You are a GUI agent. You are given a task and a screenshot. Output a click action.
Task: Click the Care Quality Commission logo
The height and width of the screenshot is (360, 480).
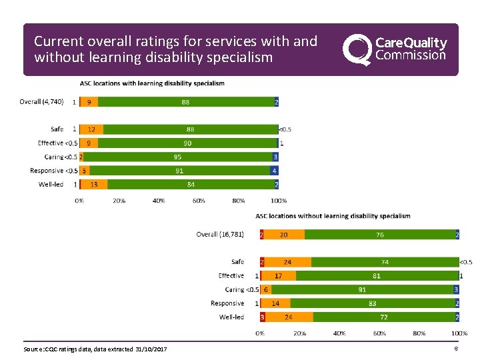click(x=395, y=50)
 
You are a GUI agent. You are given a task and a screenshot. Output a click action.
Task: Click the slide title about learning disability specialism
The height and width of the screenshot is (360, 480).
click(x=175, y=49)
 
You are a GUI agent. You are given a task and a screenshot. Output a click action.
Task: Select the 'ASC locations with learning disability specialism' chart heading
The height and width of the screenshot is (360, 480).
click(x=152, y=83)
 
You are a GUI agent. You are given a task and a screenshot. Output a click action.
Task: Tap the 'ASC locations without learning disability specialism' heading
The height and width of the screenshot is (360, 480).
click(x=333, y=216)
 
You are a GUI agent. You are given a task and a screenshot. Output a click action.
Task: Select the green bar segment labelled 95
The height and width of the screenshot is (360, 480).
click(x=177, y=157)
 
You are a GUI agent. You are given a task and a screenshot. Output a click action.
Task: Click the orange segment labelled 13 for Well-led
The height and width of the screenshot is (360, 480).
click(x=94, y=185)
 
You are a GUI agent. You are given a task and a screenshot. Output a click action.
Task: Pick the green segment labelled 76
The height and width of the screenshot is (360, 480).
click(x=379, y=235)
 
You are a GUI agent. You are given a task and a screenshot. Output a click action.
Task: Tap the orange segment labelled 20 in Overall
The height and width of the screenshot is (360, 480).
click(x=284, y=235)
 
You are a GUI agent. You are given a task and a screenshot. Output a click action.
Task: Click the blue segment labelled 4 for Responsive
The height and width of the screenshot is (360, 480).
click(x=274, y=171)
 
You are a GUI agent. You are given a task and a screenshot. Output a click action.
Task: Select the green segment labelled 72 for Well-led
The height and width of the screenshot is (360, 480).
click(x=383, y=317)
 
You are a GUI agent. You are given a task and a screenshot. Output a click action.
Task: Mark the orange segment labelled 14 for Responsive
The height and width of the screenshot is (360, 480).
click(x=275, y=303)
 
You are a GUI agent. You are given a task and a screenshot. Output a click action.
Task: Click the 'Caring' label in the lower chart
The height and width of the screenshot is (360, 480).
click(x=235, y=289)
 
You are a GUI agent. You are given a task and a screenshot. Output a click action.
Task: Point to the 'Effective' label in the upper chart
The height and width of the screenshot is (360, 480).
click(x=51, y=143)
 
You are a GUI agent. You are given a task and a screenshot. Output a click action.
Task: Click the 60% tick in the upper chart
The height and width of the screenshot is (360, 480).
click(x=199, y=201)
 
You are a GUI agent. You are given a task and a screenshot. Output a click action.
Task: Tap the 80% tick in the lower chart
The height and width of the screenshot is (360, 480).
click(x=419, y=333)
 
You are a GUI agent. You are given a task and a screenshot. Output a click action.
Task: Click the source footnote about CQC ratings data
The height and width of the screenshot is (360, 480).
click(x=95, y=349)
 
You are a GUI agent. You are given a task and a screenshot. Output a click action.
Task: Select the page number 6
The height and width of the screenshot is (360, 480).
click(x=456, y=349)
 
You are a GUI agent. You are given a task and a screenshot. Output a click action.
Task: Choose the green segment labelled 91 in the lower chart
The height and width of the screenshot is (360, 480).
click(x=362, y=289)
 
